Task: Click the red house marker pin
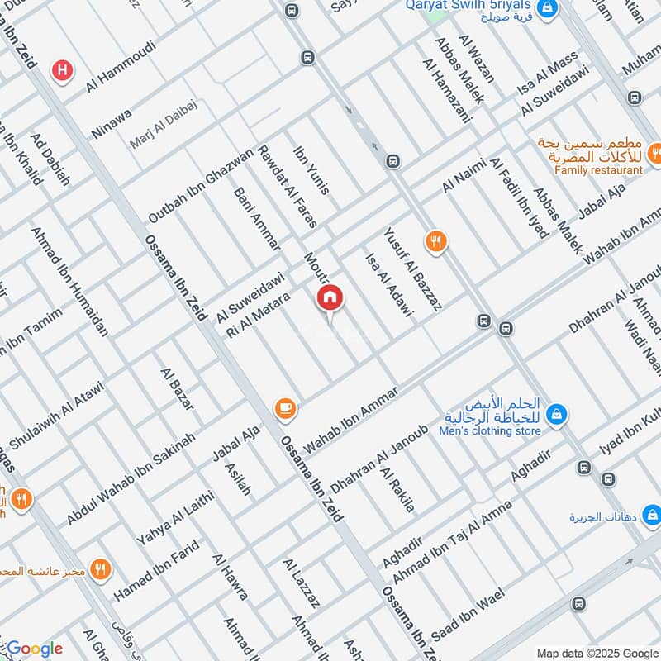pos(330,298)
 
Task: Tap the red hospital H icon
pos(61,71)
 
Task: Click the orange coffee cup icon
pos(286,407)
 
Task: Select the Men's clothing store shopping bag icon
pos(558,411)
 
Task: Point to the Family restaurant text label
pos(598,169)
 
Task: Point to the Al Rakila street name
pos(397,490)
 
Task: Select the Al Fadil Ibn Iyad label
pos(519,197)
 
